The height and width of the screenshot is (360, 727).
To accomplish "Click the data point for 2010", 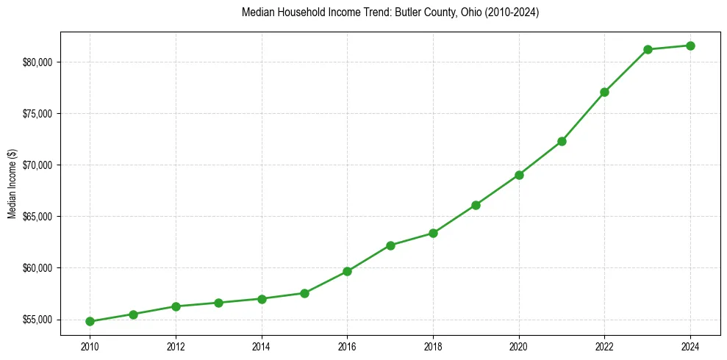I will (x=90, y=321).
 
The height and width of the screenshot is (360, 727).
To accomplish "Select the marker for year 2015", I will (x=304, y=293).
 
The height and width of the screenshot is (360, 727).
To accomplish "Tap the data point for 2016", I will (x=347, y=271).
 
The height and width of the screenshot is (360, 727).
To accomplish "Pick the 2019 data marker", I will (x=476, y=205).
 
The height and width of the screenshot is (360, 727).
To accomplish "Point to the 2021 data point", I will (x=562, y=141).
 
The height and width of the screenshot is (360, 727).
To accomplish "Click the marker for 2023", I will (x=648, y=49).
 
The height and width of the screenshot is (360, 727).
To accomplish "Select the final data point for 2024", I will (x=690, y=46).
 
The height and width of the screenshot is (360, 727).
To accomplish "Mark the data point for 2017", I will (x=390, y=245).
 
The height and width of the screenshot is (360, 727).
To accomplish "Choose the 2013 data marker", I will (x=218, y=303).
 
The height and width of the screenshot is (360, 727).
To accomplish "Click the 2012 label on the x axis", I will (x=176, y=346).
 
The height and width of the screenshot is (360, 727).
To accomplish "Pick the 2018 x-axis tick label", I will (x=433, y=346).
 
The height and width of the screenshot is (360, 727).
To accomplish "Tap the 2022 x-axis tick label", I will (x=604, y=346).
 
